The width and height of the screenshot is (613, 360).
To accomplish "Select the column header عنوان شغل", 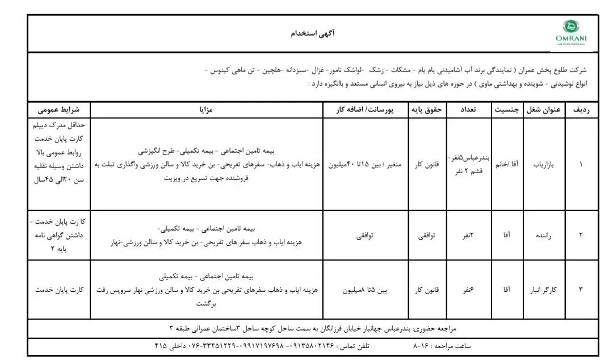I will point(545,110).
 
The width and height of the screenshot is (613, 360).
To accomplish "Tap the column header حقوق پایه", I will point(428,110).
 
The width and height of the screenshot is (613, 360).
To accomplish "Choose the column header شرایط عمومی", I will point(58,110).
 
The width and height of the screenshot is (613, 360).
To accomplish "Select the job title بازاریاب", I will point(545,165).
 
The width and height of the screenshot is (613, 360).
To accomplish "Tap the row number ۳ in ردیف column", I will point(581,290).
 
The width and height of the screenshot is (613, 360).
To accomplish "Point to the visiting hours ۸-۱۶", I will point(420,345).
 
